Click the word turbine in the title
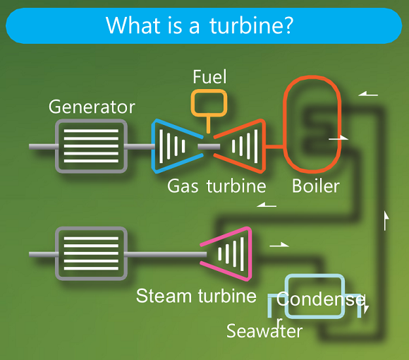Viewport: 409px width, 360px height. click(252, 25)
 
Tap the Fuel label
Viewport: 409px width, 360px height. click(209, 77)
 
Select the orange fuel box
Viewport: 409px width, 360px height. click(209, 90)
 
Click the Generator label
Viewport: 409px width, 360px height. click(92, 107)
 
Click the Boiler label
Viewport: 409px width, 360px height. click(316, 186)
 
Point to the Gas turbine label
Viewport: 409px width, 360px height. click(216, 186)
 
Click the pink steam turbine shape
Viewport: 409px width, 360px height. click(249, 253)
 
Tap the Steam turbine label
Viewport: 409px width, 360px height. click(196, 296)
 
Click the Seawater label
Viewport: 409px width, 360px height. click(264, 330)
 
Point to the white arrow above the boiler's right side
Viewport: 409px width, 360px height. click(368, 94)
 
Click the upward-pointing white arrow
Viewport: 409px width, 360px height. click(386, 221)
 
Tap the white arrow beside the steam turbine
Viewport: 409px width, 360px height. click(279, 245)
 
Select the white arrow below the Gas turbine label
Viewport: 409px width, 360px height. click(267, 205)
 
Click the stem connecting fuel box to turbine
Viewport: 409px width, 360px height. click(209, 124)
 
